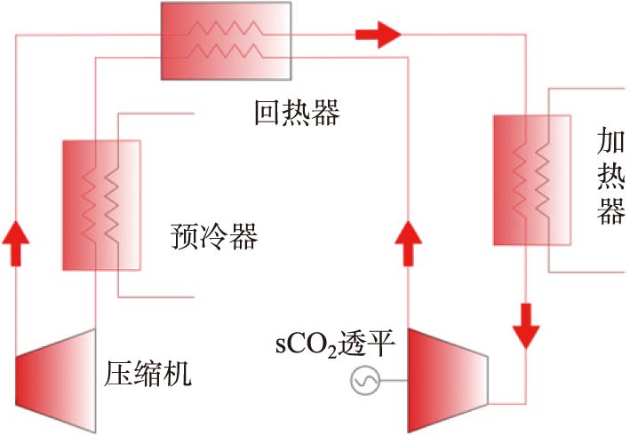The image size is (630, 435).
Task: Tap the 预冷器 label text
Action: point(213,237)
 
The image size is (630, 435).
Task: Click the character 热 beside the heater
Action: point(611,178)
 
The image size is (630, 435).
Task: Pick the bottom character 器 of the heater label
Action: point(611,213)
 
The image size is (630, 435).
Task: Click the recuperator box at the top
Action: point(226,40)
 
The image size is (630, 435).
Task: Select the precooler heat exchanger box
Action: point(100,204)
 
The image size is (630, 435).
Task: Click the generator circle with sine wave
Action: point(365,382)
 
